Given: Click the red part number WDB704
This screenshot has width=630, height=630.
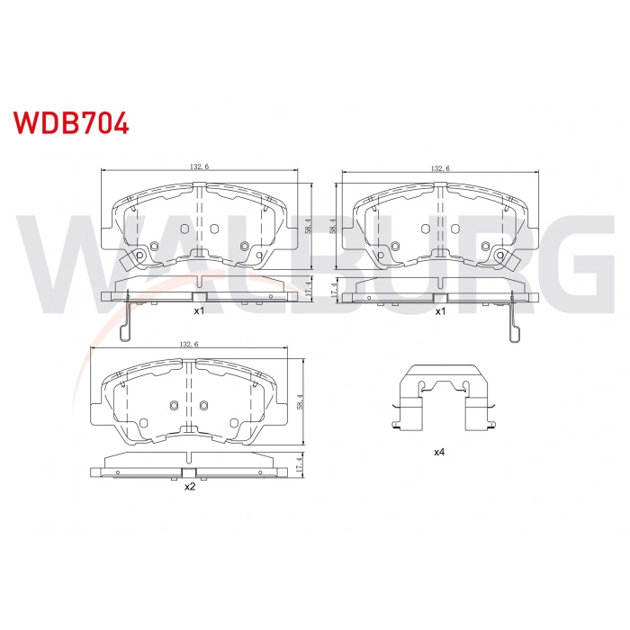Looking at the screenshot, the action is (x=71, y=123).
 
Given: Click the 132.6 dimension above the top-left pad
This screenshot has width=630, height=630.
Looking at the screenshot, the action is (x=199, y=166).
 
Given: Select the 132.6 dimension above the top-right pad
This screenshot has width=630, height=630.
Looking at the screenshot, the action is (x=440, y=168).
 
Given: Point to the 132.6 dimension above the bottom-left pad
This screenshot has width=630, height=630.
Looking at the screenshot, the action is (x=189, y=345).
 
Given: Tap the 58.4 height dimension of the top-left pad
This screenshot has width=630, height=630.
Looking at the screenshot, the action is (x=308, y=227).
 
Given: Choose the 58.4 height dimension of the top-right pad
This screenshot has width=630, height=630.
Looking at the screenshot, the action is (x=332, y=227).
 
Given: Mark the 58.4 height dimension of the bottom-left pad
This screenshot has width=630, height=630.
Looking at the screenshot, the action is (x=300, y=401).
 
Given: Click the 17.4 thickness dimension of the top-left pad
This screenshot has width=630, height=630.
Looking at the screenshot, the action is (x=308, y=288).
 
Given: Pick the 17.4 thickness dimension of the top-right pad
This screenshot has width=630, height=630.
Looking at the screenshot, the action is (x=332, y=290).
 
